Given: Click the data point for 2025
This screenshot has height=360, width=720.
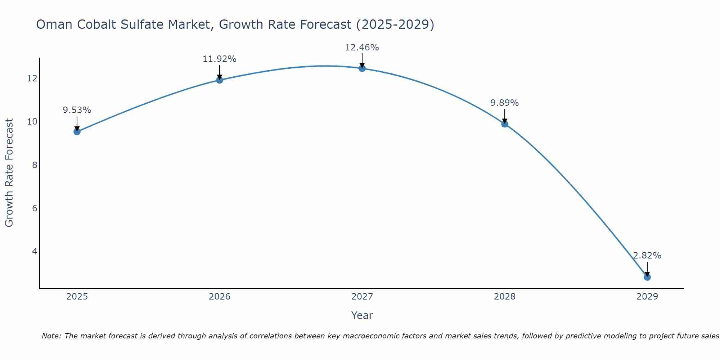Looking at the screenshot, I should point(77,132).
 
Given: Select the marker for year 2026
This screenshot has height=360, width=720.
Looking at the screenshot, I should point(220,80).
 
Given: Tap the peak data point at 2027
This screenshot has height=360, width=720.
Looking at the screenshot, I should point(362,68).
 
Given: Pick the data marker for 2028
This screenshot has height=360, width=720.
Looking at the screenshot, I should point(505,124).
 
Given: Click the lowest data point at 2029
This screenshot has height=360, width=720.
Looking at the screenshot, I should point(647,277).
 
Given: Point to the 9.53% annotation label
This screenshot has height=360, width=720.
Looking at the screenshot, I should point(77,110).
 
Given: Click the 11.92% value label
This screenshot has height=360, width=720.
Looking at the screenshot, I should point(219,59).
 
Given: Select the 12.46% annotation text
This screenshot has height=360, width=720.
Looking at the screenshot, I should point(362,48).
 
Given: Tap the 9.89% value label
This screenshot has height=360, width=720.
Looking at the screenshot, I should point(504,103).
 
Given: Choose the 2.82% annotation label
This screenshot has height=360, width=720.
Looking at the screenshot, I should point(647,256).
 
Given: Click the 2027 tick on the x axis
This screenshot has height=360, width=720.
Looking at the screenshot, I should point(362,297).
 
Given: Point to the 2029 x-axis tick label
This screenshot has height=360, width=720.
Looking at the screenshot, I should point(647,297).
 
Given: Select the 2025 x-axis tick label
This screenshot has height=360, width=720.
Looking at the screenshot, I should point(77,297).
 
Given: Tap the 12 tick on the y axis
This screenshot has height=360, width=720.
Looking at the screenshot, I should point(32,78).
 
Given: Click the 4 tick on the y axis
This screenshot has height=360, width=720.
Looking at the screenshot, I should point(35,251).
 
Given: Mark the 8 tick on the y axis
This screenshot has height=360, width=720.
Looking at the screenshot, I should point(35,165).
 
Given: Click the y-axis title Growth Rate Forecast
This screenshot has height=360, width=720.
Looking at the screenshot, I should point(9,173).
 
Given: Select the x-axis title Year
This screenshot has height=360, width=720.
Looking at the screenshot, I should point(362,315).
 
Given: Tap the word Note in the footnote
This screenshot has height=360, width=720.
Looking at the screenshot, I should point(51,336).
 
